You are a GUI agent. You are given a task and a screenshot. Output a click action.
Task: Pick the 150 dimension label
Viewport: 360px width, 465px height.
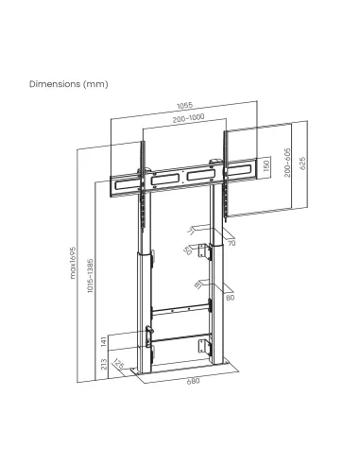(266, 168)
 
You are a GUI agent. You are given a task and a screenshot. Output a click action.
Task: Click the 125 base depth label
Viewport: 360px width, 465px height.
(119, 364)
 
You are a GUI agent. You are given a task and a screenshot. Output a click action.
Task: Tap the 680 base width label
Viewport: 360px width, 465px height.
(193, 381)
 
